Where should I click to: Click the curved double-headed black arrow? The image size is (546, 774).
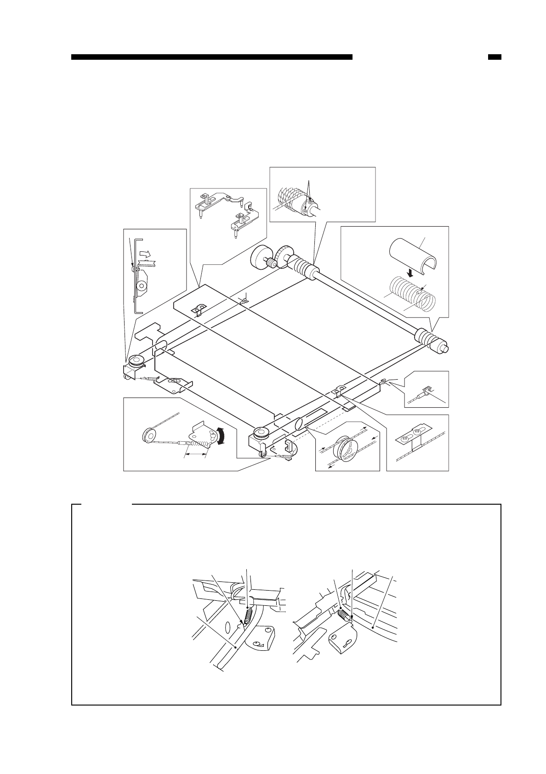222,436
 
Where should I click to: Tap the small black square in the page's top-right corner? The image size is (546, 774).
494,57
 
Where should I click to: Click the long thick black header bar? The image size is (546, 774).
211,57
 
